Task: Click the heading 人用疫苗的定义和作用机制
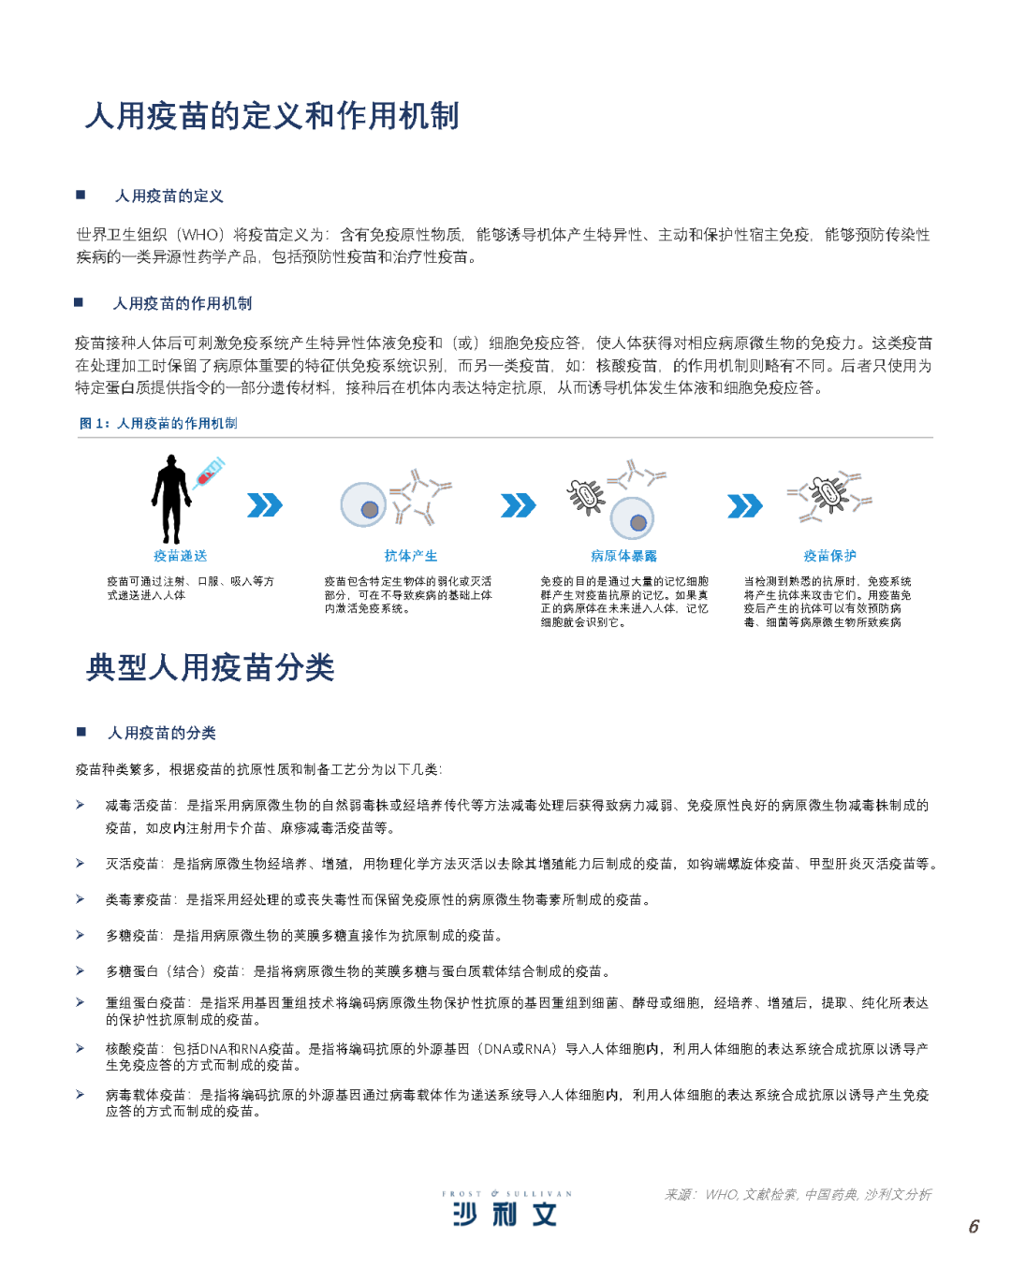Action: click(271, 116)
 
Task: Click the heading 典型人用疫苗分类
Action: click(211, 668)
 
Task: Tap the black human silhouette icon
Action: click(171, 499)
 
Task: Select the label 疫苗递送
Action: click(180, 556)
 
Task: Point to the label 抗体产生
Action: click(410, 556)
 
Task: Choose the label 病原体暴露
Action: click(623, 556)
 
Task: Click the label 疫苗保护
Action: click(829, 556)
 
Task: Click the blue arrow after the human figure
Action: click(265, 505)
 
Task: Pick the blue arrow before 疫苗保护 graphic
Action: click(744, 505)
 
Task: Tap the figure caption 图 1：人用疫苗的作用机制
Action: click(158, 423)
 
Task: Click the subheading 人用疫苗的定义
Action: click(168, 196)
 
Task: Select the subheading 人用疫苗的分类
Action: click(162, 733)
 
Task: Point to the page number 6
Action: click(974, 1226)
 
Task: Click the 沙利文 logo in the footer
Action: click(505, 1214)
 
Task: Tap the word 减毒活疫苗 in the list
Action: click(139, 805)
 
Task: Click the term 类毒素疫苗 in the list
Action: click(139, 899)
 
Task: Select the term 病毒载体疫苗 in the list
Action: click(146, 1095)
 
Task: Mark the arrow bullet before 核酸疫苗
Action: click(81, 1048)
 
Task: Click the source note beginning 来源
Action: click(798, 1194)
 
